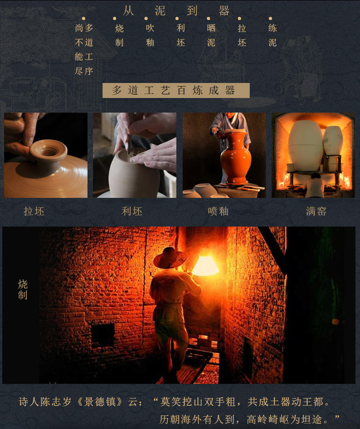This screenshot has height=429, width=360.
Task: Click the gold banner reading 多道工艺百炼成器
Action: coord(176,90)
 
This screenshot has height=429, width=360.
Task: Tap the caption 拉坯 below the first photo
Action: coord(34,211)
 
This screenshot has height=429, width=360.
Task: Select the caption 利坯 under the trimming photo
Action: coord(132,211)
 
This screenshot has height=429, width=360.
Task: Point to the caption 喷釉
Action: coord(218,211)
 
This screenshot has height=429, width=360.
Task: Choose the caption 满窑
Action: coord(316,211)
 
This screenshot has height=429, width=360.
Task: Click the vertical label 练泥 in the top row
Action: coord(273,35)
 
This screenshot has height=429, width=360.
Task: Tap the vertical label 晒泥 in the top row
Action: coord(211,35)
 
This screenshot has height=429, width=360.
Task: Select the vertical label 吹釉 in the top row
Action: coord(150,35)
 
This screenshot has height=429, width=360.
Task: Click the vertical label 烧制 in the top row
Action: coord(119,35)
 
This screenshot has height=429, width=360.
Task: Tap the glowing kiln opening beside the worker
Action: coord(206,266)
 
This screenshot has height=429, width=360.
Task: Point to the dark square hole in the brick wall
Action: coord(103,336)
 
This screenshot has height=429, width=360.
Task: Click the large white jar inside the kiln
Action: coord(305,145)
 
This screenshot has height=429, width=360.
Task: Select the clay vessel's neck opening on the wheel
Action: coord(49,150)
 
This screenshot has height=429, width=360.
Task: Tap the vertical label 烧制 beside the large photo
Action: coord(23,289)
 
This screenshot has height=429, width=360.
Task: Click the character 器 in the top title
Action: coord(224,11)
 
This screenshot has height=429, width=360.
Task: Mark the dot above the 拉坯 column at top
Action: coord(239,19)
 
